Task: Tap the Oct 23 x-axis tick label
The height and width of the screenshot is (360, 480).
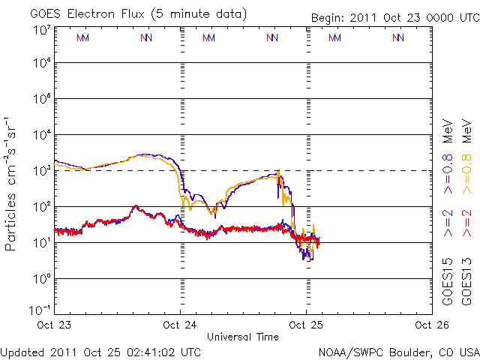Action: pos(54,325)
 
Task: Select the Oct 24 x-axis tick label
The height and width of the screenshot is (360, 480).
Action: pos(180,325)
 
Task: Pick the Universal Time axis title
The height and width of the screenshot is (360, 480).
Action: pos(243,337)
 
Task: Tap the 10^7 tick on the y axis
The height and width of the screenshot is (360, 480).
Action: pos(40,30)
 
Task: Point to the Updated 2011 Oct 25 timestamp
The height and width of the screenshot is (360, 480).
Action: pos(101,351)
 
